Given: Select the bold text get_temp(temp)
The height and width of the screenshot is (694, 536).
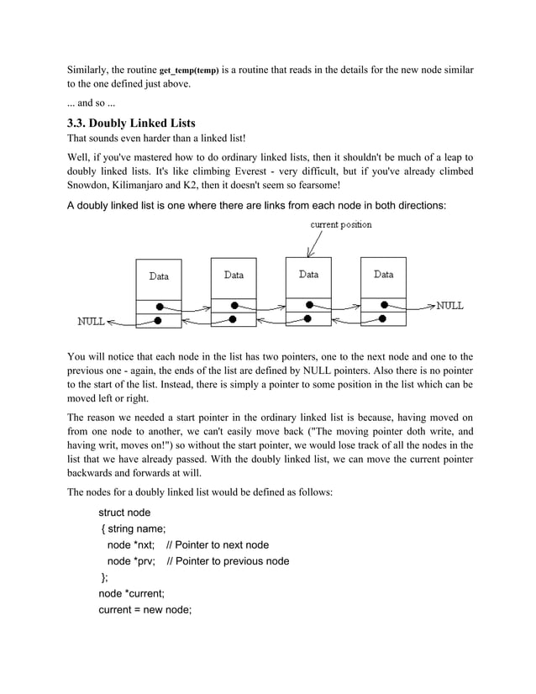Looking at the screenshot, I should (189, 71).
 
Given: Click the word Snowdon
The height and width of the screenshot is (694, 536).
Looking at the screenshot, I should (88, 186).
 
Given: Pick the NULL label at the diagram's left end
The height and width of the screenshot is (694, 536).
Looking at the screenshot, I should (92, 321).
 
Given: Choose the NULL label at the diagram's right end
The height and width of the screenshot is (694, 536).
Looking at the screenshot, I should (449, 305).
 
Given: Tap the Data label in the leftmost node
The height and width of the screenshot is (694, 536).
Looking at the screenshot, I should (158, 276).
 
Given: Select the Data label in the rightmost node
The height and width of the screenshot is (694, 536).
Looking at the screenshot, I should (383, 274).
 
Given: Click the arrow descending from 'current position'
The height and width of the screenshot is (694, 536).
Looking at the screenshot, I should (314, 244).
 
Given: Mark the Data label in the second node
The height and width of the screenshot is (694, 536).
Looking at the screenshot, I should (234, 275).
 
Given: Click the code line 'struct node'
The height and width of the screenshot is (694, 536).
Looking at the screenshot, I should (125, 512).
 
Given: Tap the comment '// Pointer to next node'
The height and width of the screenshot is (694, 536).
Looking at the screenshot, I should (218, 544).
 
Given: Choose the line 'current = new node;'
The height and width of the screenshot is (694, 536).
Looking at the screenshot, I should (145, 610).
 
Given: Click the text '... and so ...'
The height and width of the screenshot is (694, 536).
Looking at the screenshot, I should (94, 104).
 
